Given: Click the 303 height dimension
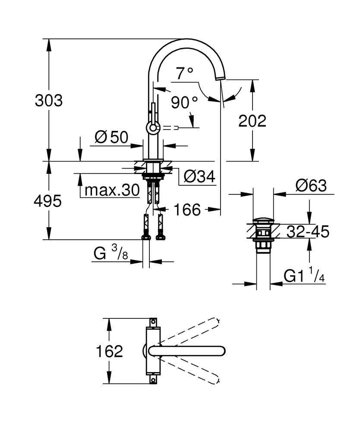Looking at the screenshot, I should click(x=48, y=101).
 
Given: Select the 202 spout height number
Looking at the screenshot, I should click(x=253, y=121).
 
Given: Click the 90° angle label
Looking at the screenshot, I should click(x=183, y=103).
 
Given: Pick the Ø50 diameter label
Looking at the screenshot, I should click(x=111, y=137).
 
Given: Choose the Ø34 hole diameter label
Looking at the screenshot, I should click(x=199, y=176).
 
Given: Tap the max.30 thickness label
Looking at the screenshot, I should click(x=112, y=190).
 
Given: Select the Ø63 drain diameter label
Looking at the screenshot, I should click(x=311, y=186).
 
